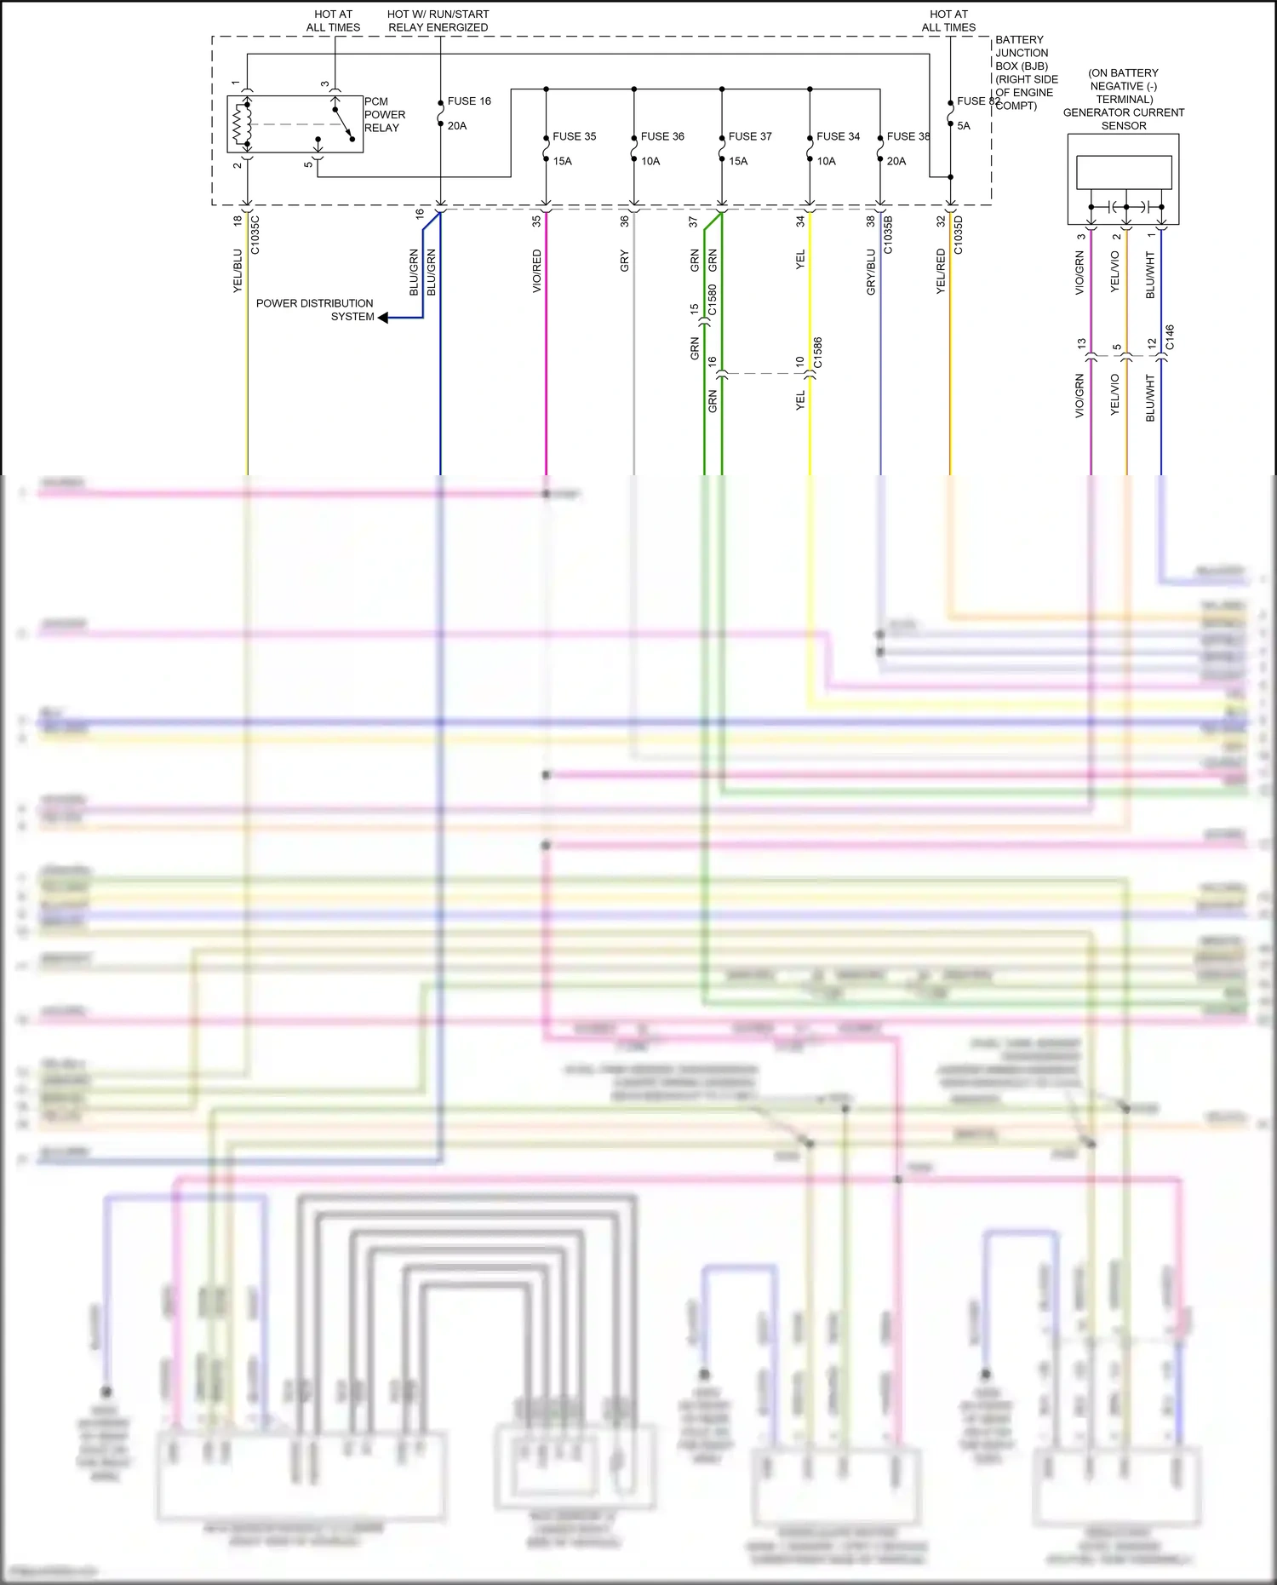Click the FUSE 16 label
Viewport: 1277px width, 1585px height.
click(x=469, y=101)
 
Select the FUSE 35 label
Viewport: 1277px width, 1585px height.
click(x=574, y=136)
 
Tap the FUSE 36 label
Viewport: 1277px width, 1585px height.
click(x=662, y=136)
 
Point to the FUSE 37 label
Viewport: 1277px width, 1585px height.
click(x=750, y=136)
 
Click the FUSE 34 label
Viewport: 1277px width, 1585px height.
click(x=838, y=136)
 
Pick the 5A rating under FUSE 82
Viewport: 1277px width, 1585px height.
click(x=964, y=126)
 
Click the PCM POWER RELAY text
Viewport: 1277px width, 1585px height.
click(x=384, y=115)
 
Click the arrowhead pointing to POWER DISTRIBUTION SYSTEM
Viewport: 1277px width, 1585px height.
click(x=383, y=318)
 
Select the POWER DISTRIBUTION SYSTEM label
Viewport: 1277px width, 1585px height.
click(x=315, y=310)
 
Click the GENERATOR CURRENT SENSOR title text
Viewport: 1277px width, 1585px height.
click(x=1123, y=118)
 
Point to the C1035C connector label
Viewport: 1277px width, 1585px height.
click(x=255, y=235)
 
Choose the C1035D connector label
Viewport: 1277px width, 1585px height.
click(x=959, y=235)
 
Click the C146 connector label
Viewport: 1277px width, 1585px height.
click(x=1170, y=337)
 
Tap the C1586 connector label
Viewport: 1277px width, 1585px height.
click(x=818, y=353)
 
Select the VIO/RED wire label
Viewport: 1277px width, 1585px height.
click(x=536, y=271)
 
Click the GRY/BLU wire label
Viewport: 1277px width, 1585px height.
click(x=871, y=273)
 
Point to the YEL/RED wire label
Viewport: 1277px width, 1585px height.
click(x=941, y=272)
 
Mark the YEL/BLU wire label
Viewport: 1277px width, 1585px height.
click(x=238, y=272)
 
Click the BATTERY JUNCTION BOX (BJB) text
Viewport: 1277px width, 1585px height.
click(x=1025, y=72)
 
